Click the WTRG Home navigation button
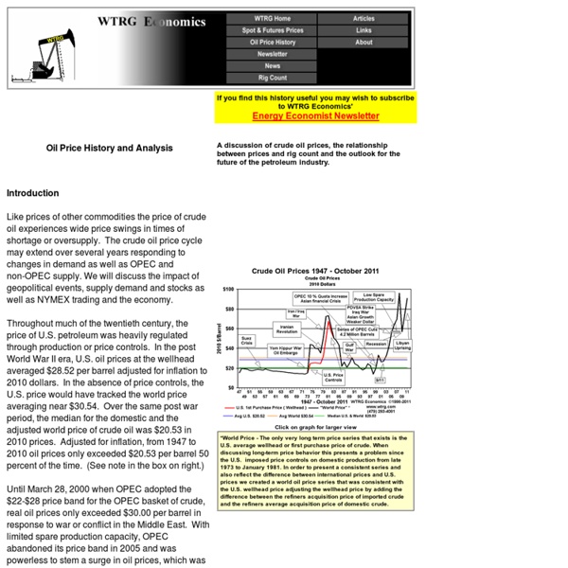(x=272, y=18)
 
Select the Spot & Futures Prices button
(x=272, y=30)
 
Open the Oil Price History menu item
(x=272, y=43)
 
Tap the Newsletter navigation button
(x=272, y=54)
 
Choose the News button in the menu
(x=272, y=66)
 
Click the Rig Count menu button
(x=272, y=79)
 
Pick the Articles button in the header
(x=364, y=18)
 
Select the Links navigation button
(x=364, y=30)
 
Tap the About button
(x=364, y=43)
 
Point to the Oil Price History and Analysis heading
(x=110, y=148)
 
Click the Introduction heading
(x=32, y=193)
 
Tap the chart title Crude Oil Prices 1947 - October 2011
(x=321, y=271)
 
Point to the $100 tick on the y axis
(x=228, y=288)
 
